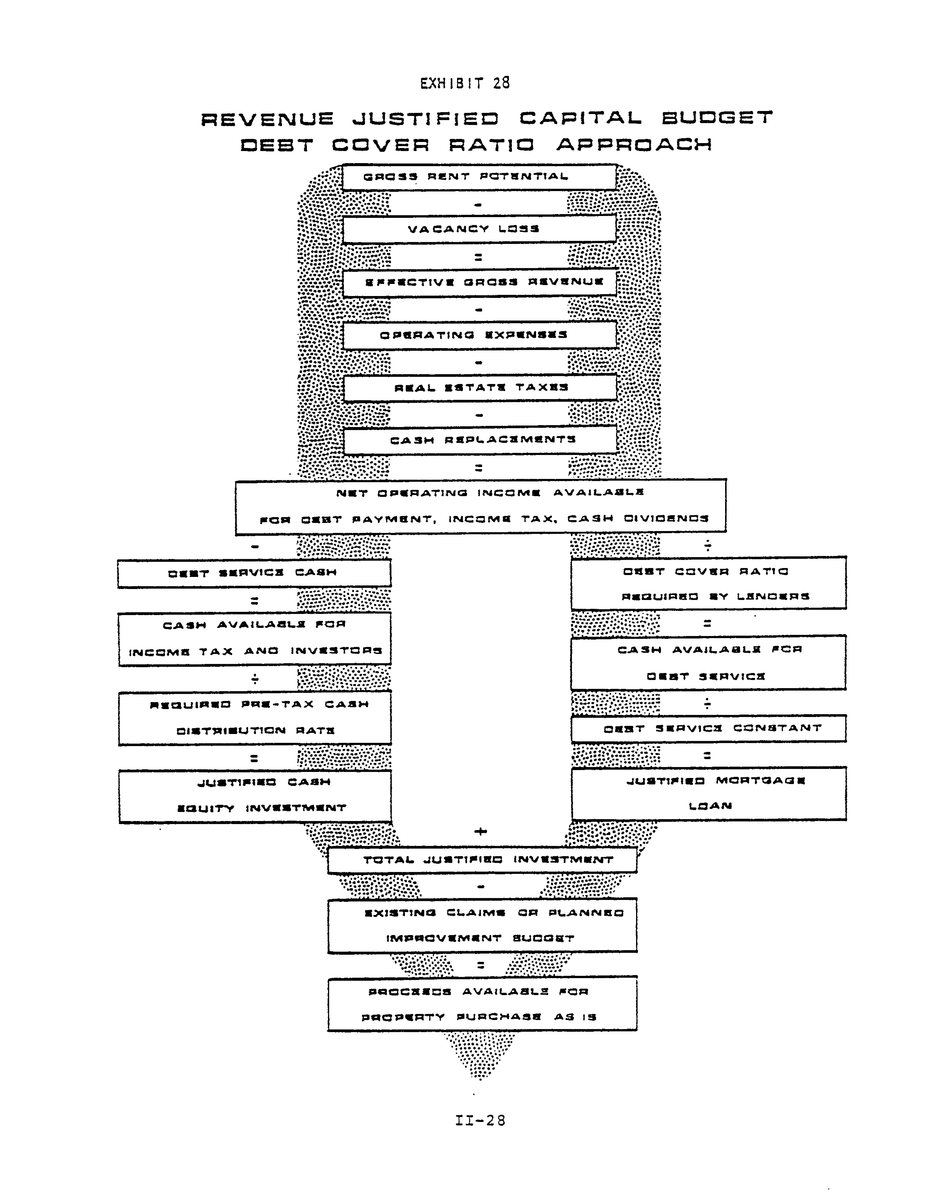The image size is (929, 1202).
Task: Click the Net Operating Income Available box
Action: [x=480, y=506]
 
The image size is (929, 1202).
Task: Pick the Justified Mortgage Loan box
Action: [x=708, y=794]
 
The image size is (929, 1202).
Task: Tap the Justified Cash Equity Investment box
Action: [x=255, y=796]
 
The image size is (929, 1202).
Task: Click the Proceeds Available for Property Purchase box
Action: [x=482, y=1004]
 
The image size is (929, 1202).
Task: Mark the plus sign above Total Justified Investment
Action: [x=480, y=832]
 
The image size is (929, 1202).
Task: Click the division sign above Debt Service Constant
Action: [x=707, y=703]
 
